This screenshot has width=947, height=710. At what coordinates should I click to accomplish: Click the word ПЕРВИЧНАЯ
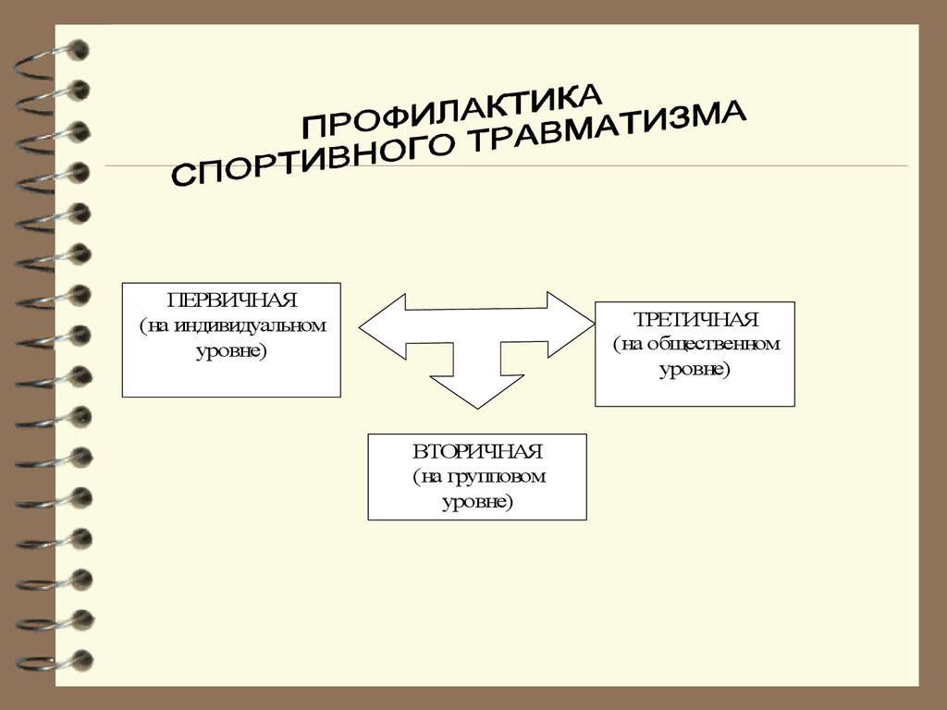tap(232, 300)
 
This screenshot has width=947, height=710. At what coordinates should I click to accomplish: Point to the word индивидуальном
tap(250, 325)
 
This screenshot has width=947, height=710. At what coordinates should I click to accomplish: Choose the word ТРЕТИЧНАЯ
tap(695, 319)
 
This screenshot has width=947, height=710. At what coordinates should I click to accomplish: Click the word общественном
tap(714, 344)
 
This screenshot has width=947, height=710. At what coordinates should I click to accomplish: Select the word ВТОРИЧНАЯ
tap(478, 451)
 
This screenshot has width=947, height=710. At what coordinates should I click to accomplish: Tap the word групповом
tap(497, 477)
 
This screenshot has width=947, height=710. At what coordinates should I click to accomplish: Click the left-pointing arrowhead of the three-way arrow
tap(382, 326)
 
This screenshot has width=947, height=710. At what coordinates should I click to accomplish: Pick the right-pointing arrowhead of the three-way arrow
tap(571, 324)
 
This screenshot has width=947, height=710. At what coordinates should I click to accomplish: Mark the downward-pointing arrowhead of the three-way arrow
tap(477, 391)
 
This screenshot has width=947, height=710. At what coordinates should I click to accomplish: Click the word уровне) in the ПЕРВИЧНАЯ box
tap(232, 350)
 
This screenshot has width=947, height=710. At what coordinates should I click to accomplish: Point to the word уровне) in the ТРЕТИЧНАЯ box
tap(695, 369)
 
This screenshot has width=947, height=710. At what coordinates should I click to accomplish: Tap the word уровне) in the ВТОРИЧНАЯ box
tap(478, 502)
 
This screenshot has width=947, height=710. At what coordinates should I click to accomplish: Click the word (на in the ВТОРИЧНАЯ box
tap(428, 477)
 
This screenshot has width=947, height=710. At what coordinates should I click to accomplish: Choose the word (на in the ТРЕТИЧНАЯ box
tap(628, 344)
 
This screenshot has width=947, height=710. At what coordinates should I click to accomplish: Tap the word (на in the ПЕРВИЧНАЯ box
tap(155, 326)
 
